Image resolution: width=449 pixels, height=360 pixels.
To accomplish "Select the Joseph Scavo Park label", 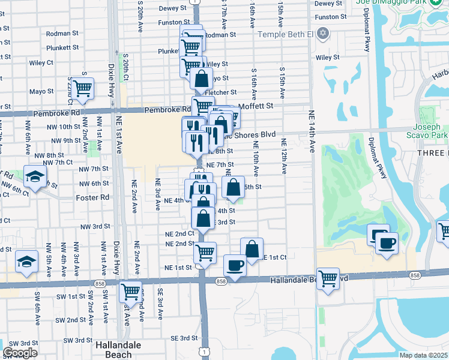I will coord(430,131).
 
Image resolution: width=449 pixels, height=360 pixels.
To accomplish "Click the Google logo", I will coord(20,353).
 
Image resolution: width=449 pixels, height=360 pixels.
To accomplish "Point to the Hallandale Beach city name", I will coord(119,350).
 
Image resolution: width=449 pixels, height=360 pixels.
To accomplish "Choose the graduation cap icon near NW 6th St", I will coord(35,176).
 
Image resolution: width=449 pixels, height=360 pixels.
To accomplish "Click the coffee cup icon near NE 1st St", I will coord(235,265).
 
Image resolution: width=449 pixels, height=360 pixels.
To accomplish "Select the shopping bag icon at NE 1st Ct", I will coord(252,248).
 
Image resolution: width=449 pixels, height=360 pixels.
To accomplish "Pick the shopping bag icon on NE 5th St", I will coord(233,187).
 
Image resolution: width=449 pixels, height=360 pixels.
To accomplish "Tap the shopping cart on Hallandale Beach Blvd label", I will coord(328,278).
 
